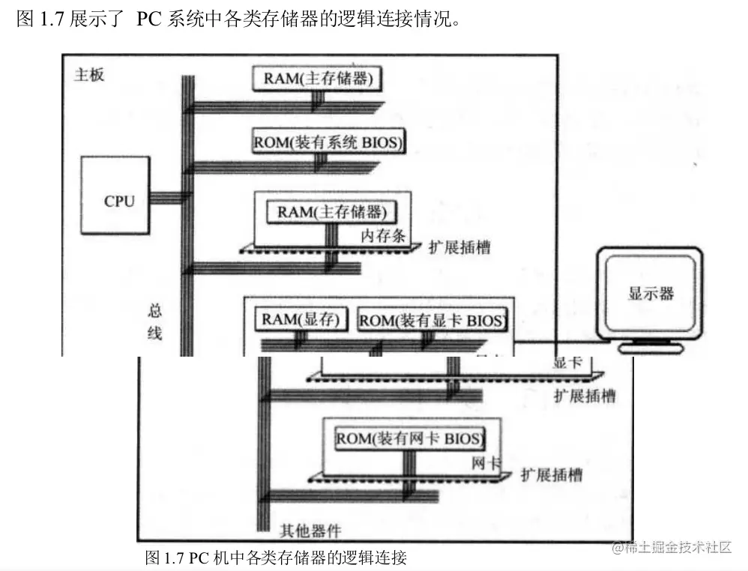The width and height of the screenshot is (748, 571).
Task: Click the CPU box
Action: [x=119, y=199]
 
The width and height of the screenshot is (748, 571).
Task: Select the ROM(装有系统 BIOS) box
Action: [x=328, y=142]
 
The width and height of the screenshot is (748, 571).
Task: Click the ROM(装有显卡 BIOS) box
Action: [x=432, y=321]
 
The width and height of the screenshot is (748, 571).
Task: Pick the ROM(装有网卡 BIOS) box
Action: [x=409, y=438]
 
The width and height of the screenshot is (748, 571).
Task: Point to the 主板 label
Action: [x=89, y=76]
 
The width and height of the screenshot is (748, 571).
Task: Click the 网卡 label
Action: [x=486, y=462]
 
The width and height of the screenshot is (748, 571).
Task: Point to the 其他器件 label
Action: [x=310, y=531]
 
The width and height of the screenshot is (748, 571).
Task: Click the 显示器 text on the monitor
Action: [x=651, y=293]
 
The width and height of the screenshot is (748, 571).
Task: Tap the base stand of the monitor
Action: [x=649, y=347]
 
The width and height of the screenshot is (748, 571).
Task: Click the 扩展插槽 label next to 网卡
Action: [x=551, y=475]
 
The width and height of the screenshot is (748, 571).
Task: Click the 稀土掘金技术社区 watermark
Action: [x=672, y=548]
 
